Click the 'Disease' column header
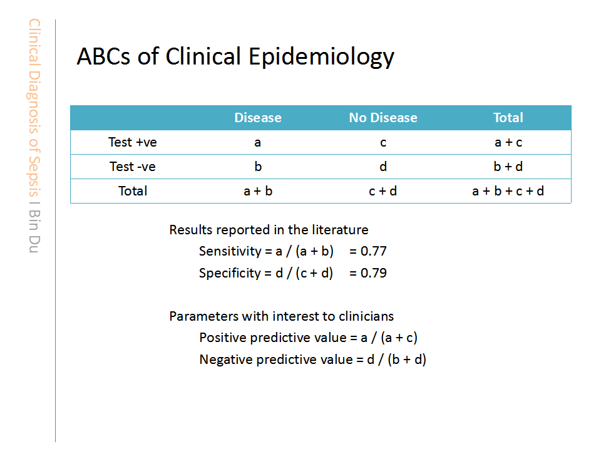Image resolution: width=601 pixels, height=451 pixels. click(x=258, y=117)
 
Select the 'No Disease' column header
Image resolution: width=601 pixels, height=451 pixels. click(x=383, y=117)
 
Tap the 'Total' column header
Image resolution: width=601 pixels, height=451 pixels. click(x=508, y=117)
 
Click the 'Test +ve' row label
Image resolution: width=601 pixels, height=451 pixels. click(x=133, y=142)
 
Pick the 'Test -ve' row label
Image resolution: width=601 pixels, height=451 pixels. click(x=133, y=167)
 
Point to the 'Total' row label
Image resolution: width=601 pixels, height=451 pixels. click(x=133, y=191)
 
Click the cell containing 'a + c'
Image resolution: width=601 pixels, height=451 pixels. click(x=508, y=142)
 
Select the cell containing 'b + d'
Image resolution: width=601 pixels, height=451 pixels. click(x=508, y=167)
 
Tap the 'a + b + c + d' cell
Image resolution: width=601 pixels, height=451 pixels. click(x=508, y=191)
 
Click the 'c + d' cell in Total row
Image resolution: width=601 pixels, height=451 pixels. click(x=383, y=191)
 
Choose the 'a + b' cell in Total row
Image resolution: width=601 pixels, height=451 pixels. click(x=258, y=191)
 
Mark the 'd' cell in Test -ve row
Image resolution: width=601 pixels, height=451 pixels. click(x=383, y=167)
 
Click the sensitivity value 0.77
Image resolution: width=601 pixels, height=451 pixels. click(x=374, y=251)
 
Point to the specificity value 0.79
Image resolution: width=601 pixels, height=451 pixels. click(x=374, y=273)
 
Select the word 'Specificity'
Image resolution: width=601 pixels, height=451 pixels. click(x=230, y=273)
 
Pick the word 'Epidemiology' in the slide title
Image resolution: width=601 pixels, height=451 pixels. click(x=321, y=57)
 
